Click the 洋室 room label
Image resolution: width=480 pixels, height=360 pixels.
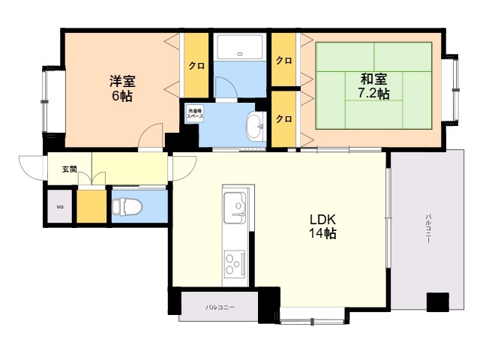pyautogui.click(x=121, y=81)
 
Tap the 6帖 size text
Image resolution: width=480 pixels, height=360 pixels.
pyautogui.click(x=121, y=96)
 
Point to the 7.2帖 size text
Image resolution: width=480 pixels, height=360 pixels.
pyautogui.click(x=372, y=94)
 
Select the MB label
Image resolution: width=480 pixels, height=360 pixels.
pyautogui.click(x=58, y=206)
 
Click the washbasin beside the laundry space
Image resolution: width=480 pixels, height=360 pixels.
pyautogui.click(x=255, y=124)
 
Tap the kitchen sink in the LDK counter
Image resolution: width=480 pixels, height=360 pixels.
pyautogui.click(x=235, y=204)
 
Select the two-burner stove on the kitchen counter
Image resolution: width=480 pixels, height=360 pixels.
pyautogui.click(x=233, y=264)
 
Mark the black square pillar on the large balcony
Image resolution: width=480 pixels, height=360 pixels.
pyautogui.click(x=436, y=301)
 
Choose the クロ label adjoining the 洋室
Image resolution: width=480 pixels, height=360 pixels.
pyautogui.click(x=196, y=66)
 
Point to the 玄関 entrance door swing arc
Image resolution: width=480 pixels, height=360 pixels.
pyautogui.click(x=31, y=166)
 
